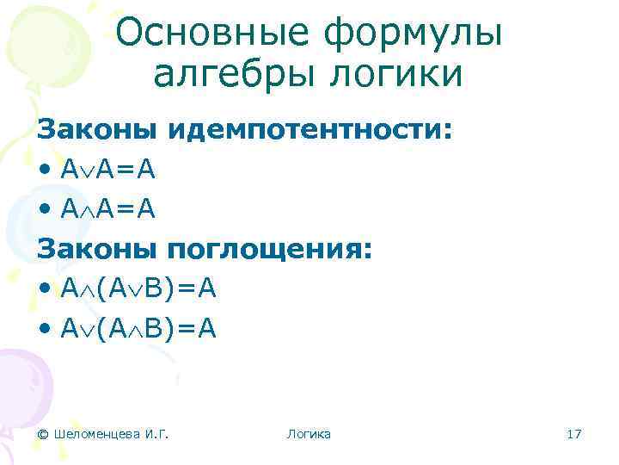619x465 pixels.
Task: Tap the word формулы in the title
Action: click(x=413, y=34)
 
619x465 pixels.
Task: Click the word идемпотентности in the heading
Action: click(x=309, y=130)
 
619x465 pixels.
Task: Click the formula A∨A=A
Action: click(x=108, y=170)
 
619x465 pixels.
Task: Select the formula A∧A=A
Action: click(x=108, y=210)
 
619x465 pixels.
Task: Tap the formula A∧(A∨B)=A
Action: click(x=138, y=290)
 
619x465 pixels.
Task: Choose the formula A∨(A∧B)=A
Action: click(x=138, y=329)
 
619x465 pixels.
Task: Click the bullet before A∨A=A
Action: click(x=44, y=170)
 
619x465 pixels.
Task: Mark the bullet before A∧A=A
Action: click(x=44, y=210)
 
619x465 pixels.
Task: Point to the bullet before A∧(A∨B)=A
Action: click(x=44, y=290)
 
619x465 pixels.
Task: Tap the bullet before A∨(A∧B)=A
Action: click(x=44, y=329)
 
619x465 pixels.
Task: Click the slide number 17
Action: click(x=574, y=434)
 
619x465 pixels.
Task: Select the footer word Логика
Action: click(x=309, y=434)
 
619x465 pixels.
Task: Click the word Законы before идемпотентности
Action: click(x=96, y=130)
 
